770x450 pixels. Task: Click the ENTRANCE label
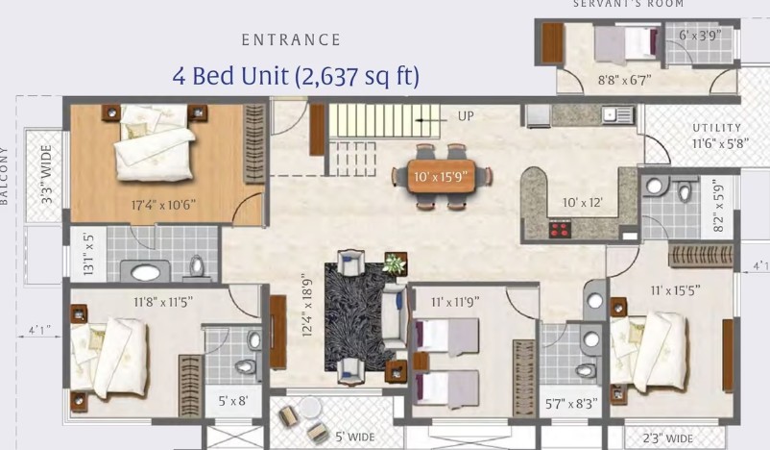[x=291, y=39]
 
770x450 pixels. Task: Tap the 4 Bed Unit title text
[x=296, y=76]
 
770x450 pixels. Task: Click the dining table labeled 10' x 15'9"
[x=442, y=176]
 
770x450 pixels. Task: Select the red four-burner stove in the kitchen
[x=560, y=229]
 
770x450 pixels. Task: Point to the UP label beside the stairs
[x=466, y=116]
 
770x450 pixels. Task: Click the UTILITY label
[x=717, y=128]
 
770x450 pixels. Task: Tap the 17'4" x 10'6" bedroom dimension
[x=163, y=205]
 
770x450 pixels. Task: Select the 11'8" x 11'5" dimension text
[x=163, y=301]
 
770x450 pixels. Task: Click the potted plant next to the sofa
[x=395, y=264]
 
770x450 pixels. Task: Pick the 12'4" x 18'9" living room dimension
[x=307, y=305]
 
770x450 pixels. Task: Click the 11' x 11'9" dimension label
[x=455, y=302]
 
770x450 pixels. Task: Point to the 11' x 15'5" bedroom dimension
[x=675, y=290]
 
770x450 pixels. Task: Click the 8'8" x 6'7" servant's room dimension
[x=624, y=80]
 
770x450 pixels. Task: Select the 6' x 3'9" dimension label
[x=700, y=35]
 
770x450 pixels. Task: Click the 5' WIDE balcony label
[x=354, y=437]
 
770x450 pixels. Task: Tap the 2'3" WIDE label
[x=668, y=438]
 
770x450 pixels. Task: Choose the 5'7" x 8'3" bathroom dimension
[x=571, y=404]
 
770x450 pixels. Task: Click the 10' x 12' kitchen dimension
[x=582, y=202]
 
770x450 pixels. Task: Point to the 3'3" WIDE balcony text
[x=47, y=175]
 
